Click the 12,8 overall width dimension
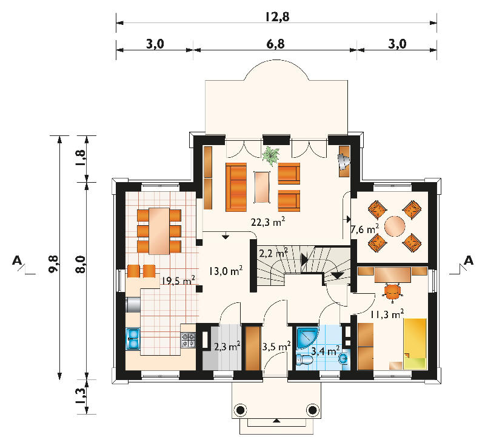tap(277, 16)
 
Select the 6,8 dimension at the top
tap(275, 44)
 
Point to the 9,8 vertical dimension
tap(53, 263)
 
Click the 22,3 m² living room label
tap(268, 222)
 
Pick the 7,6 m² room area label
tap(365, 229)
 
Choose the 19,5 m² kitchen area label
tap(178, 280)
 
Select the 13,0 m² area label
tap(226, 271)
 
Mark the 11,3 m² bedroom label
tap(387, 314)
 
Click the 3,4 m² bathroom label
tap(325, 351)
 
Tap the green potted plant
tap(271, 155)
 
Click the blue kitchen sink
tap(133, 339)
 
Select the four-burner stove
tap(189, 340)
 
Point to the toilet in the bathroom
tap(304, 360)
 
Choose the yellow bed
tap(415, 344)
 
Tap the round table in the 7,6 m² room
tap(395, 226)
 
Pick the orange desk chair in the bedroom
tap(392, 291)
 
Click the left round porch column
tap(240, 410)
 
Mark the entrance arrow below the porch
tap(277, 421)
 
